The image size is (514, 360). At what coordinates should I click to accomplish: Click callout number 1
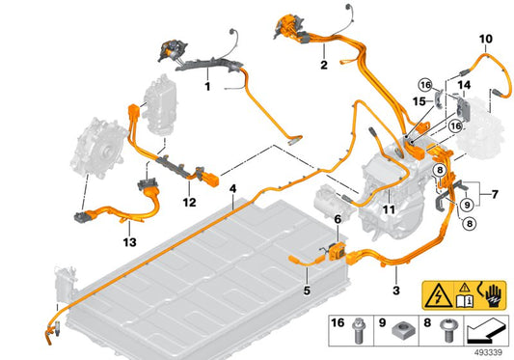[x=207, y=87]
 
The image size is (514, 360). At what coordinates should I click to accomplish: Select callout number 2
[x=324, y=65]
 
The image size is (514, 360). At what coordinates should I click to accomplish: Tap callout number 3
[x=396, y=291]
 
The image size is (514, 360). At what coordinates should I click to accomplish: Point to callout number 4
[x=232, y=189]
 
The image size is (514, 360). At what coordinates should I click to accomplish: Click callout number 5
[x=307, y=291]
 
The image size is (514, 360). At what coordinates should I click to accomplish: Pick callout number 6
[x=338, y=219]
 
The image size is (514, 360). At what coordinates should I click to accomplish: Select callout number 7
[x=495, y=194]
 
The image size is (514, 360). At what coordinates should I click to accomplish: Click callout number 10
[x=486, y=39]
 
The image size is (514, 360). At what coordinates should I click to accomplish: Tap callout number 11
[x=389, y=209]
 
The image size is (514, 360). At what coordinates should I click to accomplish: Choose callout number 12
[x=189, y=202]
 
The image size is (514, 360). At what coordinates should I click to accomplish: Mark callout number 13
[x=129, y=242]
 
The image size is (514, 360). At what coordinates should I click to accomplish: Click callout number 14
[x=464, y=85]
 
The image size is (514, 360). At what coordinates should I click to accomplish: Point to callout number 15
[x=419, y=101]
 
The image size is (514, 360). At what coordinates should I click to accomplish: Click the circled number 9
[x=467, y=205]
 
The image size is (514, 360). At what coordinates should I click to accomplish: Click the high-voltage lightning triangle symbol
[x=439, y=295]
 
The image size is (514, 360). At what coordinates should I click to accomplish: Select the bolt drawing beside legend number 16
[x=358, y=331]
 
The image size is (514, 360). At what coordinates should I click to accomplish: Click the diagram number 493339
[x=488, y=352]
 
